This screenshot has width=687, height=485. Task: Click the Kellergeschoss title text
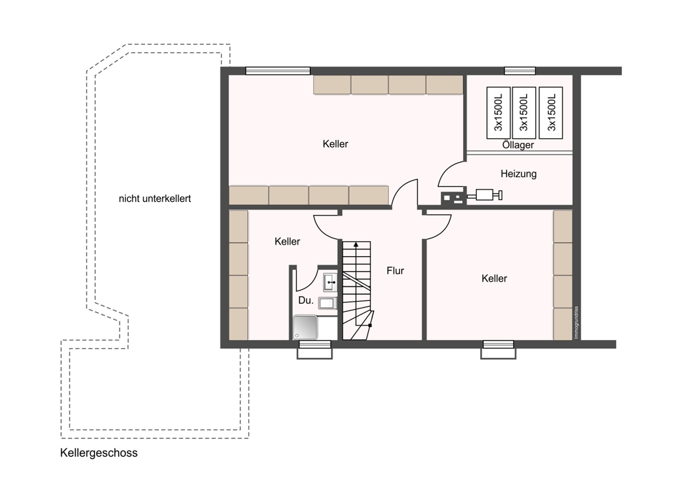[98, 453]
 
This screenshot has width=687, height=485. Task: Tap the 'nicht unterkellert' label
[155, 199]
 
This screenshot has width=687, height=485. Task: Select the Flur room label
[395, 271]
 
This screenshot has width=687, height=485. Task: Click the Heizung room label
[518, 174]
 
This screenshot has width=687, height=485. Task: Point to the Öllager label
[518, 144]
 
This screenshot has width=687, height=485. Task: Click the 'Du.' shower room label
[306, 301]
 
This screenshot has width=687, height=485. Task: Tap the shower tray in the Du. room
[306, 327]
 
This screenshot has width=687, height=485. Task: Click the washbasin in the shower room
[330, 282]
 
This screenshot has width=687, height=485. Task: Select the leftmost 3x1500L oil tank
[498, 113]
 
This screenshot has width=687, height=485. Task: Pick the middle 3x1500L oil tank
[524, 113]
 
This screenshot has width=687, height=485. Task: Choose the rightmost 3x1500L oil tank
[551, 113]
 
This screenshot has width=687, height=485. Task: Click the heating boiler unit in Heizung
[453, 199]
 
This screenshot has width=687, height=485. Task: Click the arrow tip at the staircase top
[356, 242]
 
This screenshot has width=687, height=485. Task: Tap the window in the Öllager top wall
[520, 71]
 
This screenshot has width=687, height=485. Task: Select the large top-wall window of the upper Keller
[278, 71]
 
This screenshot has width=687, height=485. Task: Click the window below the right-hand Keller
[498, 350]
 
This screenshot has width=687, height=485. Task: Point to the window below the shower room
[315, 350]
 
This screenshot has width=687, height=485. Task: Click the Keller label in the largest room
[335, 144]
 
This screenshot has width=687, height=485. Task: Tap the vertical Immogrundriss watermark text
[576, 322]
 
